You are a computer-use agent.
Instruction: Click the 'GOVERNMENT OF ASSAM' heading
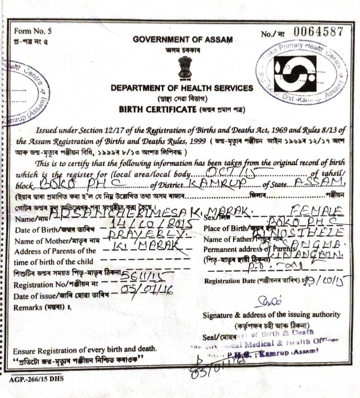click(183, 39)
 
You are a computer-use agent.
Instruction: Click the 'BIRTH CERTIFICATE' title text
click(157, 109)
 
